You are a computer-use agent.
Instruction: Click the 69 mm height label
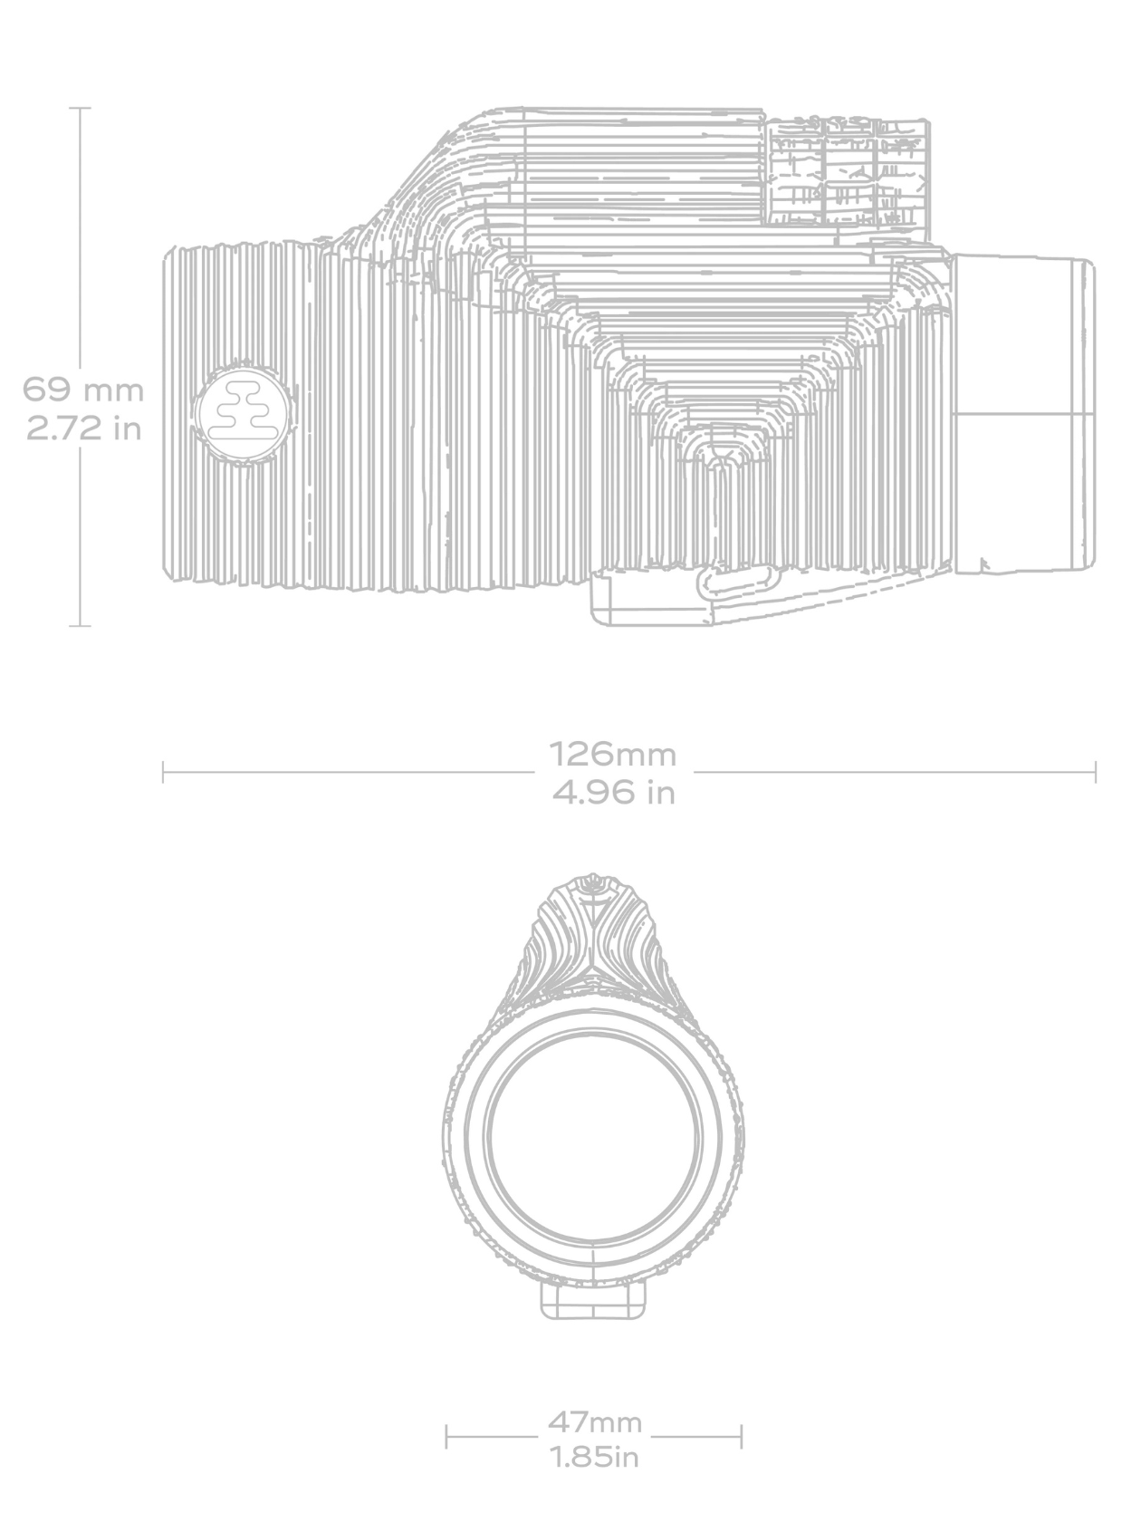82,390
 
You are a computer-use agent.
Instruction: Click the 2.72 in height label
83,428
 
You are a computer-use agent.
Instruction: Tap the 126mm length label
613,754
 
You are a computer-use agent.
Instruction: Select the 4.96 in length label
614,793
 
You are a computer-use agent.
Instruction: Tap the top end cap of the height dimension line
81,108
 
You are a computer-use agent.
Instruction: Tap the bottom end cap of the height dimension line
81,625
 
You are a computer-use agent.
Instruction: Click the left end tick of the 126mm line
163,773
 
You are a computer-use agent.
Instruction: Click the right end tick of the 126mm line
1095,773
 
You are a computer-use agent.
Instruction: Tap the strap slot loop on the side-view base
740,583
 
